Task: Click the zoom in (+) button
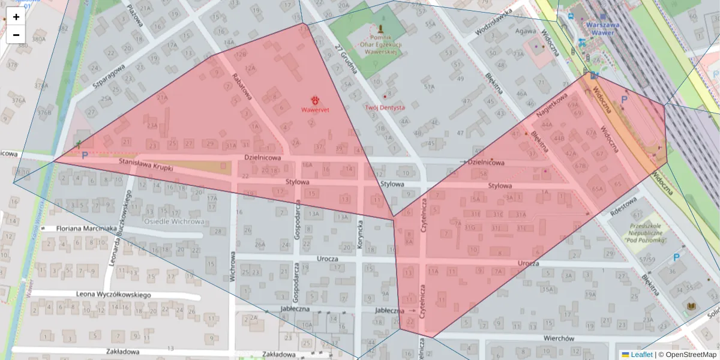(16, 17)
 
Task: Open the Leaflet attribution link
(641, 354)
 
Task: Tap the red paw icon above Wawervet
(315, 100)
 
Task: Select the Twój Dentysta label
(385, 107)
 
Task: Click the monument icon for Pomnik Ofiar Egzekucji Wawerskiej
(380, 28)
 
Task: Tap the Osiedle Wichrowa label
(174, 221)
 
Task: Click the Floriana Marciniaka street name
(86, 229)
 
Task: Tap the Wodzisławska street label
(493, 23)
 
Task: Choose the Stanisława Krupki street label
(146, 165)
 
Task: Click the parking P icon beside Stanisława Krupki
(85, 155)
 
